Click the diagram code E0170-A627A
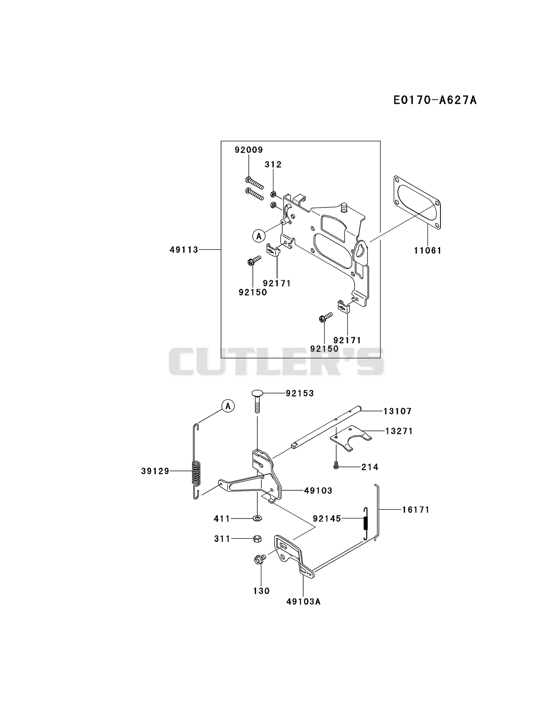[435, 100]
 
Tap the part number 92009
[249, 150]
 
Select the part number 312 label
[273, 165]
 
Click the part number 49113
[184, 250]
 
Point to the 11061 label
[428, 251]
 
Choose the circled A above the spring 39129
[228, 406]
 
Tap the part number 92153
[300, 393]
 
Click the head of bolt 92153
[258, 393]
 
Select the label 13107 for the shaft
[397, 411]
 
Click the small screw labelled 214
[336, 467]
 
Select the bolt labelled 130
[259, 559]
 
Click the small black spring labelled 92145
[366, 523]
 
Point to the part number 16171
[416, 510]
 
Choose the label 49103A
[304, 601]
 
